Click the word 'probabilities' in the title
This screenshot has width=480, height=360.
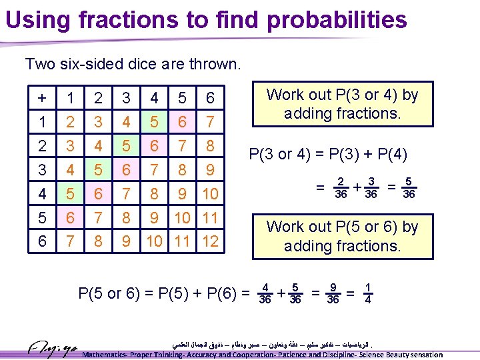pos(338,19)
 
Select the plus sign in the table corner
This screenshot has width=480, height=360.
pos(43,99)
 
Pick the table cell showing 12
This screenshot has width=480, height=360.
pos(210,241)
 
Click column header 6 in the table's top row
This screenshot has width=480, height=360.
pos(210,99)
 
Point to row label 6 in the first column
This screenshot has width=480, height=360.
pos(43,241)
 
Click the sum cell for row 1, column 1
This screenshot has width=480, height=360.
pos(71,123)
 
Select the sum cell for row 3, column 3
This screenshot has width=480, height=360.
pos(127,170)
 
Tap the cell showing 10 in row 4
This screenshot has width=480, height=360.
pos(210,194)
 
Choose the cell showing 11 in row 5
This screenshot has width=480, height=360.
pos(210,217)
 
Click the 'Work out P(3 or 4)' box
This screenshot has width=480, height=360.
pos(342,104)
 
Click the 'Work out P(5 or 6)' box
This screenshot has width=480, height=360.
pos(342,236)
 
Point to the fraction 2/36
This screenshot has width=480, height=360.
pos(341,189)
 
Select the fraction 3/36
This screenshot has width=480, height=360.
pos(371,189)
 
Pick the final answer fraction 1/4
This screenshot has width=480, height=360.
pos(368,293)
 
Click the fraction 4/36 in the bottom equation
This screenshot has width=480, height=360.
pos(265,293)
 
